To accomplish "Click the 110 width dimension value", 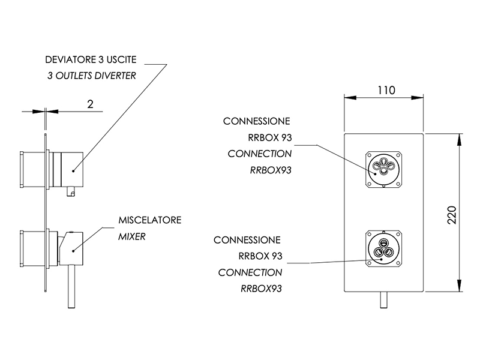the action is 386,91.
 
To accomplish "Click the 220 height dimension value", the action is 452,215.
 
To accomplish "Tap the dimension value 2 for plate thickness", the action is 90,104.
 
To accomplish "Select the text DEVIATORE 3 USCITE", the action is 91,59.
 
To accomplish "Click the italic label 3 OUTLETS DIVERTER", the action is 92,76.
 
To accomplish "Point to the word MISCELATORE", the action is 150,220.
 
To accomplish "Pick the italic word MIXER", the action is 132,236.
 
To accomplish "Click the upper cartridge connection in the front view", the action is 383,169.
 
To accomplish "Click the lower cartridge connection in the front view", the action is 383,248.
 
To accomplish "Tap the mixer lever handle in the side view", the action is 71,286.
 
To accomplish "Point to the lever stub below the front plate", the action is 384,299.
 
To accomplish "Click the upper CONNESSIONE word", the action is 257,121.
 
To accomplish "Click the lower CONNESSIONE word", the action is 247,240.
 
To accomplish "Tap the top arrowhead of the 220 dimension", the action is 459,140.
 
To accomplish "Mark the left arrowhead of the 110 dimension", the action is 350,98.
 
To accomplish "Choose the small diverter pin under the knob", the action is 71,191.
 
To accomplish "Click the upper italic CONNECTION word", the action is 260,154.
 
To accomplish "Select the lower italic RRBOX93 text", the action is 261,289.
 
